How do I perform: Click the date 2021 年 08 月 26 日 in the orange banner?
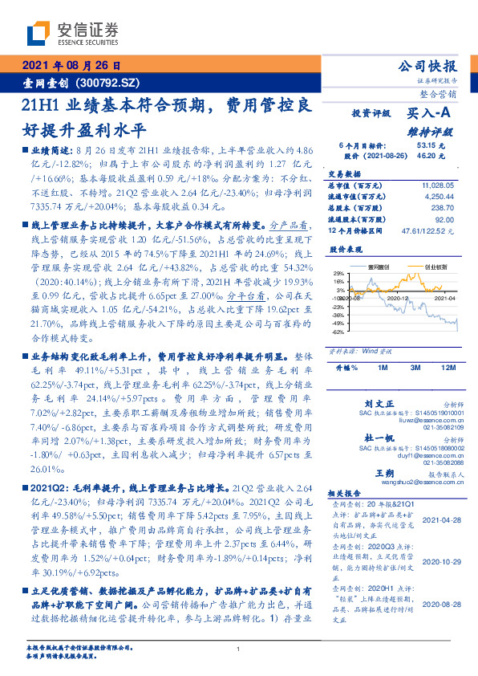point(71,67)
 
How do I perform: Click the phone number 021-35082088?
point(437,462)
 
